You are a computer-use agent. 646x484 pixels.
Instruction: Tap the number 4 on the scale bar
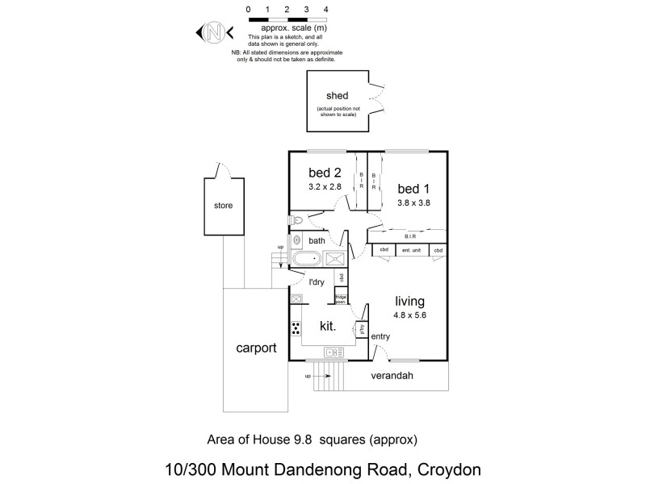coord(325,9)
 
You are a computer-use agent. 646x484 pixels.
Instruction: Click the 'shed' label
coord(337,96)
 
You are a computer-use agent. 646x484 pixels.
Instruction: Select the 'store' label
coord(223,206)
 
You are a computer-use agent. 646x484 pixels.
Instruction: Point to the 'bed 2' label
coord(325,172)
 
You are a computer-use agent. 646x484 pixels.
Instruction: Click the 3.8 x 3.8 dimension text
coord(413,203)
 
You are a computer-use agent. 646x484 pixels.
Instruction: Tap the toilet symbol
coord(296,219)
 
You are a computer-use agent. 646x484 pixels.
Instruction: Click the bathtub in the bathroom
coord(306,260)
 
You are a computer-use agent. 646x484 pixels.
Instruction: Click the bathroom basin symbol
coord(296,240)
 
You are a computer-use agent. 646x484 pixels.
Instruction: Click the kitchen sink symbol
coord(332,353)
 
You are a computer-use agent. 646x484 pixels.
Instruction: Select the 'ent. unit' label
coord(412,250)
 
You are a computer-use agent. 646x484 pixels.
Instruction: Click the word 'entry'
coord(380,336)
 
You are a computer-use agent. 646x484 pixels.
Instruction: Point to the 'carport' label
coord(256,348)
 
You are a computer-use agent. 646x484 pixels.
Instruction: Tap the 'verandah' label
coord(391,377)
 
